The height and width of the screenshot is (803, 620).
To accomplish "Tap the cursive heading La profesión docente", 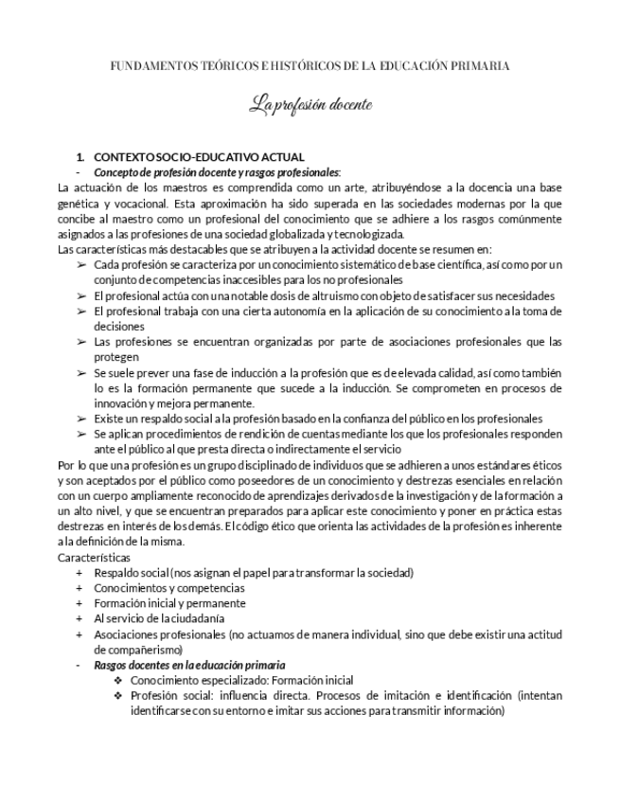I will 310,104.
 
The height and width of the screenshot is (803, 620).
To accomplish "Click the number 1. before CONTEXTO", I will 80,156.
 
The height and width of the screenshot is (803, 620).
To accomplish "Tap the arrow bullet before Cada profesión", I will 81,265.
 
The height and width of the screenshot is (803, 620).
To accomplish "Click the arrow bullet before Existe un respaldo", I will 81,419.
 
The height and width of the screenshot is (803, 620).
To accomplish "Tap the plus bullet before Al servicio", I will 80,618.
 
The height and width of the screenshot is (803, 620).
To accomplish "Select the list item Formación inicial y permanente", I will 169,603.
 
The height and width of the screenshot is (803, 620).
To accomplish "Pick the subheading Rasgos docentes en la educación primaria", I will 189,666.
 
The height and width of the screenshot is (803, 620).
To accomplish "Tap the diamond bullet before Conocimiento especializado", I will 118,681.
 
